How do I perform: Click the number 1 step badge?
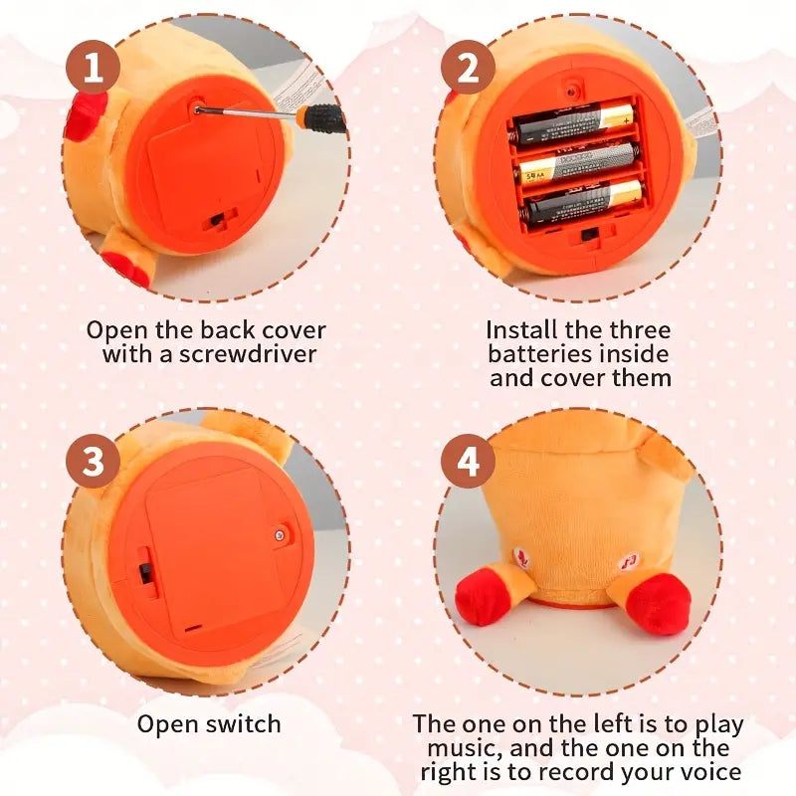coord(93,68)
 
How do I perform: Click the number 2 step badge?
coord(468,68)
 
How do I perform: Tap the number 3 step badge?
coord(93,462)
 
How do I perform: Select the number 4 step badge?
coord(468,462)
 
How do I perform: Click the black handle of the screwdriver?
coord(320,116)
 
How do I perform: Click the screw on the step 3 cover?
coord(279,535)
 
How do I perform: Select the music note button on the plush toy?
coord(630,561)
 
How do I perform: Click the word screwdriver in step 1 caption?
coord(248,354)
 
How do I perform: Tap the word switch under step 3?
coord(245,723)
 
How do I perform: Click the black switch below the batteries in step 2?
coord(589,235)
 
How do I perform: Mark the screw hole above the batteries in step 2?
coord(573,91)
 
